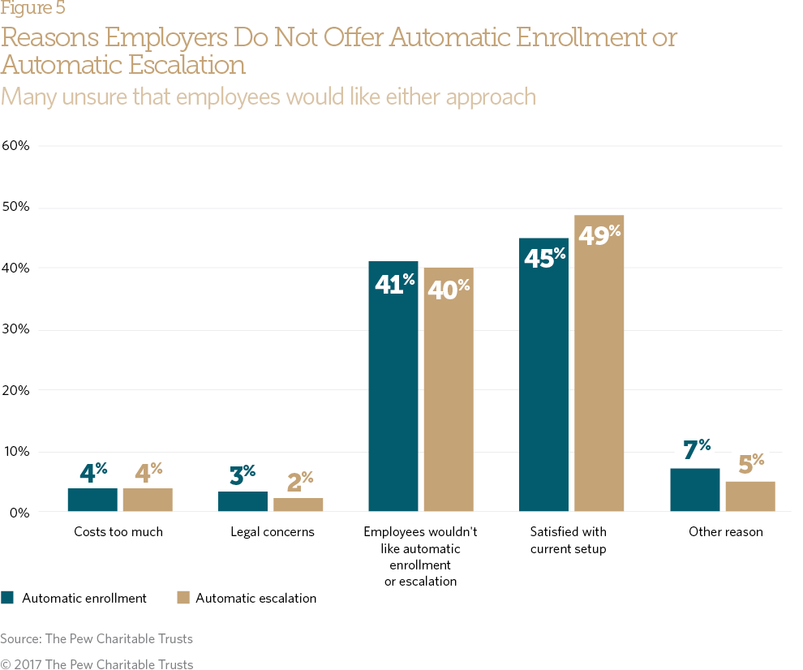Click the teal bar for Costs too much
click(92, 500)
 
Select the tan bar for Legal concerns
click(298, 505)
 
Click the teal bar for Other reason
click(695, 490)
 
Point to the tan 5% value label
click(751, 465)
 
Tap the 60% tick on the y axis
click(16, 146)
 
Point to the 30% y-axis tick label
click(16, 329)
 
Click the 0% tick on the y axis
click(19, 513)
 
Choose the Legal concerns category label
click(273, 533)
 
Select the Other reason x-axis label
click(726, 533)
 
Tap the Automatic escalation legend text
click(255, 599)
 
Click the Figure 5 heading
click(33, 9)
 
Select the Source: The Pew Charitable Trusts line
click(97, 639)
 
